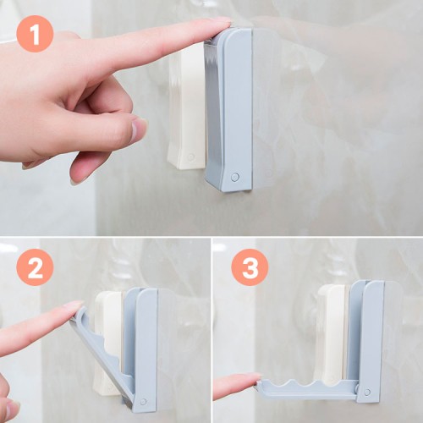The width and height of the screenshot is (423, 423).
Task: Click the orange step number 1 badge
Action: (x=35, y=34)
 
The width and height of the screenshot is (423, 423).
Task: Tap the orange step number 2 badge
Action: (x=35, y=267)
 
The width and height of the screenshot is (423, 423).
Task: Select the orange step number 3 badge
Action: (x=250, y=267)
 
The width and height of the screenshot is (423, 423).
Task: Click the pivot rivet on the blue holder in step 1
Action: (x=235, y=177)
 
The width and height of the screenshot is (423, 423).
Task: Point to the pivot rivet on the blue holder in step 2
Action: (x=143, y=401)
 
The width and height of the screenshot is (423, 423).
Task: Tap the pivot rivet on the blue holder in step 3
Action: (x=367, y=392)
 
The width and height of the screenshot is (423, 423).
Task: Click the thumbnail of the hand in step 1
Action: (x=139, y=129)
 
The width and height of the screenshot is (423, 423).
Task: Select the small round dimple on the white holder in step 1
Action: (x=191, y=157)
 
